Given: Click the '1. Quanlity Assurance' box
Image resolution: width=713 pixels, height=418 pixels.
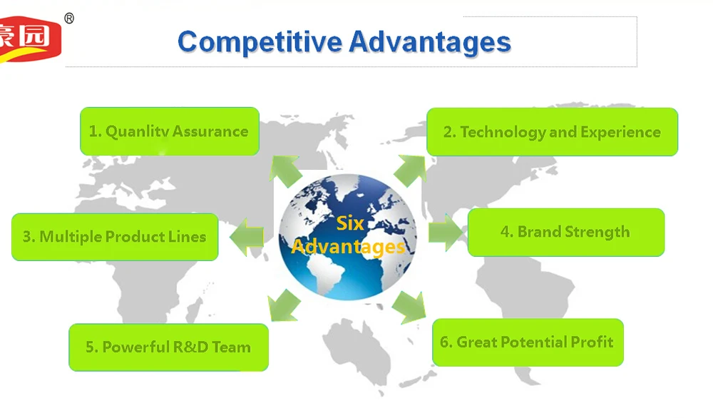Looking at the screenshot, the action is coord(170,131).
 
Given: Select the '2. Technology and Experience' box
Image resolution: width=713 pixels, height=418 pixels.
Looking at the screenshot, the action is coord(552,132).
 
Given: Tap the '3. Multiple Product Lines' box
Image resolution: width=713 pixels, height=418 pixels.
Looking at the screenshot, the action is coord(115,237).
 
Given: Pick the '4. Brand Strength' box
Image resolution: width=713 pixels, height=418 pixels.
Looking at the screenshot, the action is coord(565,232).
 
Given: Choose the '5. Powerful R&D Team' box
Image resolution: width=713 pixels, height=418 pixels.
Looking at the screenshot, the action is coord(169,347).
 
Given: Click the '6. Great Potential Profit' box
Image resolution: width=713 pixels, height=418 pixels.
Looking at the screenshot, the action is coord(528,342).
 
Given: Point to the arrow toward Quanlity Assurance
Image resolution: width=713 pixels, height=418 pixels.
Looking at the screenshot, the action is coord(284,170).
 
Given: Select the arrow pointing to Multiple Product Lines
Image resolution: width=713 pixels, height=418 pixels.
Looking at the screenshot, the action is coord(247,237).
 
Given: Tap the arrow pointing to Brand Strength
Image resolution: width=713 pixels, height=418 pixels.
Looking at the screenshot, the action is coord(446,232).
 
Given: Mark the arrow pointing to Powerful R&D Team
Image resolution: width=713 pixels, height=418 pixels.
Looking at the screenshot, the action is coord(284,305).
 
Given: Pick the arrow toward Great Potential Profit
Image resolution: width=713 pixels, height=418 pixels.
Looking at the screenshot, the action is coord(409,307).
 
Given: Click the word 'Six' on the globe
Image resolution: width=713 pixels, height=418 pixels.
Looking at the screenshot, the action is coord(350,223).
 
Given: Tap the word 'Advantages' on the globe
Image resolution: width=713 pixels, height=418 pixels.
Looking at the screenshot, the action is coord(349,247).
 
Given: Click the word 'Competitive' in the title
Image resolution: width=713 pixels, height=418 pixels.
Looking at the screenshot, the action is coord(260,42).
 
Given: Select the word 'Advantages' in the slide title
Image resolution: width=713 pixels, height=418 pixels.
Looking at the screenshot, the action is coord(430,42).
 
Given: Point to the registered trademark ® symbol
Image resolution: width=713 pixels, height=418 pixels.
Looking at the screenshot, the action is coord(69,19).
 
